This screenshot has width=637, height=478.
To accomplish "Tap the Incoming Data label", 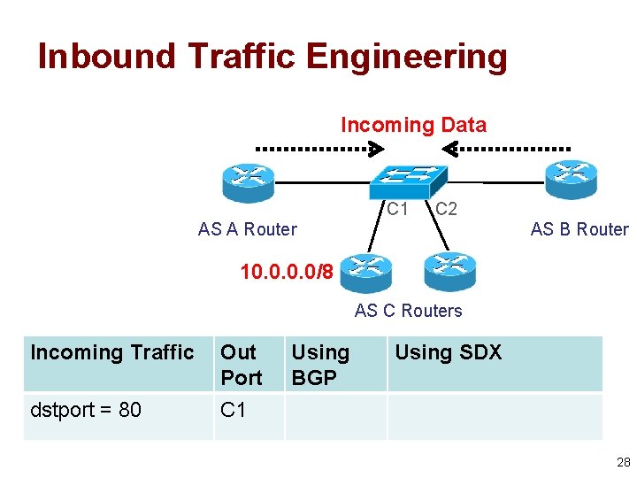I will coord(413,125).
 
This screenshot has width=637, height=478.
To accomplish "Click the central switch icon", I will coord(406,181).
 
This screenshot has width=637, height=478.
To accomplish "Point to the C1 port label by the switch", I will coord(397,210).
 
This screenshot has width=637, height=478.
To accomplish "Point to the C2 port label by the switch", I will coord(446,210).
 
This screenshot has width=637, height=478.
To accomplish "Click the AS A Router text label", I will coord(248,229).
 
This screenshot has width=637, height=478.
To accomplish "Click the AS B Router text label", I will coord(579,229).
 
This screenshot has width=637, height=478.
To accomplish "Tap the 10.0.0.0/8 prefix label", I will coord(287,271).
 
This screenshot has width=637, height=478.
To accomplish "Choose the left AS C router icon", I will coord(365,272).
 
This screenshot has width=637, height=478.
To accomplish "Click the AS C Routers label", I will coord(408,311).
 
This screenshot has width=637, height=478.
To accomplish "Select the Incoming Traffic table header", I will coord(112,352).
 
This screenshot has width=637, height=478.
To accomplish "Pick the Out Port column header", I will coord(241,365).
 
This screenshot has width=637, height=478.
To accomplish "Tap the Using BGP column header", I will coord(320,365).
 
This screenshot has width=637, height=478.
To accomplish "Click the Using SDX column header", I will coord(448,352).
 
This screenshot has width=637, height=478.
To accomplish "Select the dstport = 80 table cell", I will coord(86,410).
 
